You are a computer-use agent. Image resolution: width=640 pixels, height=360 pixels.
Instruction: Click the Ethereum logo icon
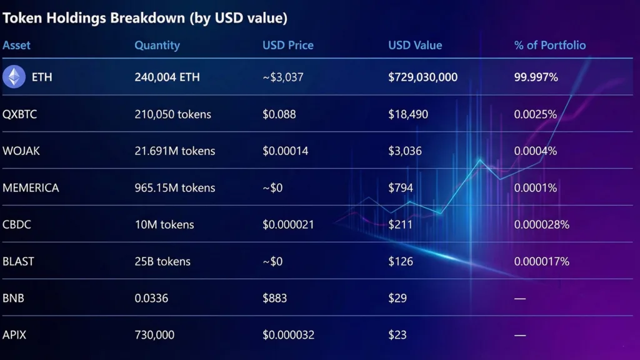[x=14, y=77]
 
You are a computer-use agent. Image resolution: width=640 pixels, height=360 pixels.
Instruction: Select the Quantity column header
[x=157, y=45]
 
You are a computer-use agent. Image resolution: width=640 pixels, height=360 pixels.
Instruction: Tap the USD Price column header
[x=288, y=45]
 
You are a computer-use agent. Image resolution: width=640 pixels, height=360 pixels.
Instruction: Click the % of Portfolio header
[x=550, y=45]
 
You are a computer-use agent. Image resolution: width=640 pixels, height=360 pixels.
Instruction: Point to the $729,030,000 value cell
[x=422, y=77]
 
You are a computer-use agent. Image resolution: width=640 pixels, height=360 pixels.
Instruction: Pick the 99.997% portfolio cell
[x=536, y=77]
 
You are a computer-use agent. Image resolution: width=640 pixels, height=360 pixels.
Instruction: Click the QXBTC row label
[x=21, y=114]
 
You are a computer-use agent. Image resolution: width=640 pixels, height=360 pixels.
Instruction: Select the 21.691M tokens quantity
[x=174, y=151]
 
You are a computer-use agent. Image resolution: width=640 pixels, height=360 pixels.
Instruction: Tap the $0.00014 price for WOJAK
[x=286, y=151]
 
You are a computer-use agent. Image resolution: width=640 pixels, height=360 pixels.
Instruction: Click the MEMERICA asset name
[x=31, y=187]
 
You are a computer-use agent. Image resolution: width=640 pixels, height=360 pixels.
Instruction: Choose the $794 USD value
[x=400, y=187]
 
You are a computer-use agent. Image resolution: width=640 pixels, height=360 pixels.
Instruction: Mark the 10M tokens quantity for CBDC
[x=164, y=224]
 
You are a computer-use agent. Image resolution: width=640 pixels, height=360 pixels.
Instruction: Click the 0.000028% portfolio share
[x=541, y=224]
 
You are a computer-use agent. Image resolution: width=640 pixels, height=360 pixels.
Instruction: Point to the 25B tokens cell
[x=162, y=261]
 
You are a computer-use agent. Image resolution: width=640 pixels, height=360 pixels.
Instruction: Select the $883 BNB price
[x=274, y=298]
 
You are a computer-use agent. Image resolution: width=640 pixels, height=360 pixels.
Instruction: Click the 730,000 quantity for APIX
[x=154, y=335]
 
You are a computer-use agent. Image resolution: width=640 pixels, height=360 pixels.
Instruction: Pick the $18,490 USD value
[x=409, y=114]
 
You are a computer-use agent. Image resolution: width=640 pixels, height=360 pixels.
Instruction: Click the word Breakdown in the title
[x=148, y=18]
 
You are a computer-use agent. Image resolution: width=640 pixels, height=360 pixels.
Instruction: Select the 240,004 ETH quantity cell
[x=167, y=77]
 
